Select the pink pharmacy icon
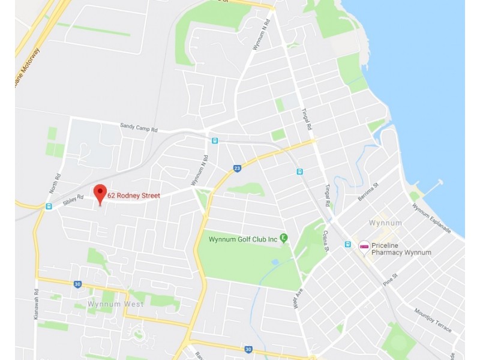click(364, 246)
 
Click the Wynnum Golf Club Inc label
click(242, 239)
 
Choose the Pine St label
click(391, 280)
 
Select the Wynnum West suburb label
click(115, 304)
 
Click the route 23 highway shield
click(237, 169)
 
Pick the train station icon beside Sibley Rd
click(49, 206)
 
